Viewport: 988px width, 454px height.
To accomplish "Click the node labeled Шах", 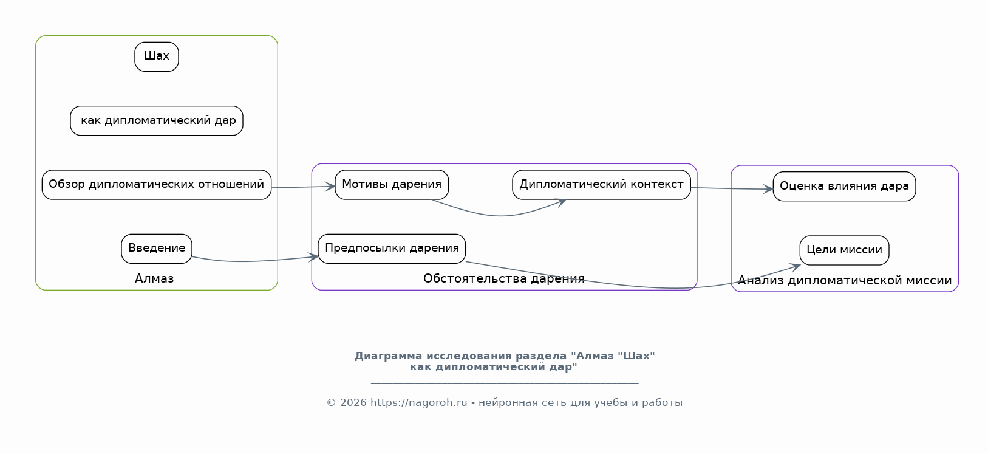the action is (x=157, y=57).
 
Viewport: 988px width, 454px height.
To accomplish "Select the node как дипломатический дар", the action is (x=157, y=120).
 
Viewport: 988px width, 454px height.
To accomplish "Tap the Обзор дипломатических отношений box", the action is (x=157, y=185).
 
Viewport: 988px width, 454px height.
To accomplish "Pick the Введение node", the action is (x=157, y=249).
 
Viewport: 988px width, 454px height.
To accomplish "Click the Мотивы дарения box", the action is (x=392, y=185).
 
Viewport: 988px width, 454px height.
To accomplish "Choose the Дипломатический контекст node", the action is (x=601, y=185).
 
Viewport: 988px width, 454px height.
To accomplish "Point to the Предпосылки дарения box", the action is (x=392, y=249).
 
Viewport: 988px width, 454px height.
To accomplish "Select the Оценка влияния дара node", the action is (x=844, y=187).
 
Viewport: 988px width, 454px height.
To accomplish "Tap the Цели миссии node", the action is (x=844, y=250).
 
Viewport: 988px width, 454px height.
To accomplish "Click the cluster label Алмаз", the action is (x=154, y=279).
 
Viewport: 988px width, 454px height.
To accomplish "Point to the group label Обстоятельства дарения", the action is (x=503, y=279).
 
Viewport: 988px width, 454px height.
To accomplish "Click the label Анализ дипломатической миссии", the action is (x=845, y=280).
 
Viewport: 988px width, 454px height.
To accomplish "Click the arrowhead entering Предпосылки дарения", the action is (x=313, y=256).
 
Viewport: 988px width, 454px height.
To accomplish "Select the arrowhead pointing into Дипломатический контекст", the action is (x=561, y=203).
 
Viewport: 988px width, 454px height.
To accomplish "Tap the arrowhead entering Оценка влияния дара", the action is (x=768, y=189).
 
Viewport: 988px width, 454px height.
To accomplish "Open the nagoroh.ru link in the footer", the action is (x=418, y=403).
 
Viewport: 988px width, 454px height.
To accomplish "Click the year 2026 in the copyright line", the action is (x=353, y=403).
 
